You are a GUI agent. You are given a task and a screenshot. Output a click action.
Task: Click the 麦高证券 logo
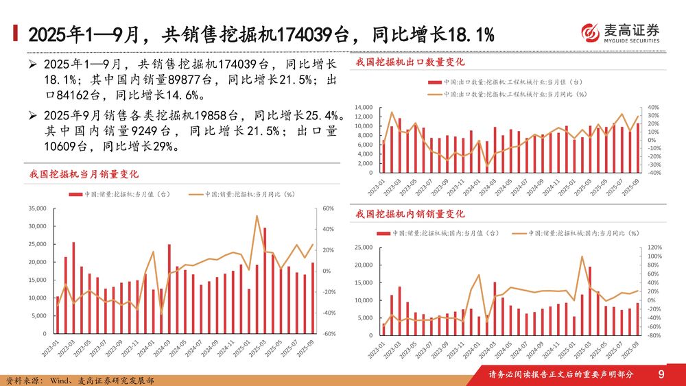click(x=620, y=32)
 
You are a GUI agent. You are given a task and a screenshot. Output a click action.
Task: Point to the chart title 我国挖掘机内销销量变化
click(x=410, y=215)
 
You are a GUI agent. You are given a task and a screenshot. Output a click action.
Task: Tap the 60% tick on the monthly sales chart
click(x=327, y=208)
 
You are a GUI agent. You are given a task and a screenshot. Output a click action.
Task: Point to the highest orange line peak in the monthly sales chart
click(x=257, y=217)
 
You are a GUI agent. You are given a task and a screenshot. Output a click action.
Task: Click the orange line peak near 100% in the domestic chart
click(x=582, y=257)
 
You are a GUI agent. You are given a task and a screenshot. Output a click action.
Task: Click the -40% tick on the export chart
click(x=654, y=173)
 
